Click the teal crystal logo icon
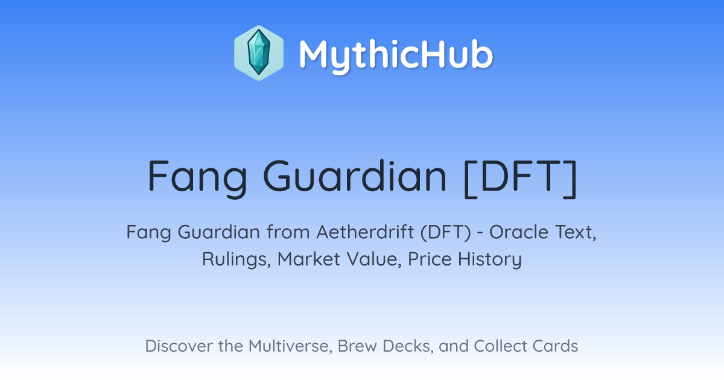259,53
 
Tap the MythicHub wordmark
396,55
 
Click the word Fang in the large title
197,178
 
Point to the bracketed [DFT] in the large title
520,179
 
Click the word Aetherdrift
365,232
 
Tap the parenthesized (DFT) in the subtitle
446,232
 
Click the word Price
430,259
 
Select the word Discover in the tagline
179,346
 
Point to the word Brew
357,346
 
